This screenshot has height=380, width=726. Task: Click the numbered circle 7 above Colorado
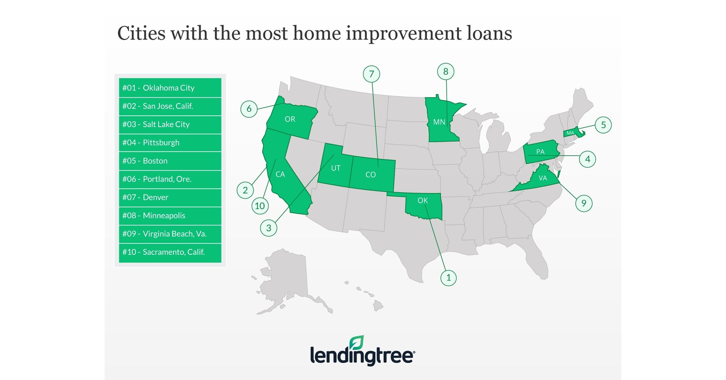372,74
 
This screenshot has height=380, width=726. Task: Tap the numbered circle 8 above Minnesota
446,71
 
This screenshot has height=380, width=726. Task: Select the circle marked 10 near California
260,206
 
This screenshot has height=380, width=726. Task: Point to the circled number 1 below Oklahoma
448,278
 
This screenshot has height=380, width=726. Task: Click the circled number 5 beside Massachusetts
603,125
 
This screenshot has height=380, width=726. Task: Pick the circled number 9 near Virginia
584,203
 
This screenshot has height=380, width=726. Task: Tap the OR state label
290,119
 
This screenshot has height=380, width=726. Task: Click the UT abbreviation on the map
336,168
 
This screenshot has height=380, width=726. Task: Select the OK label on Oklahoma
423,200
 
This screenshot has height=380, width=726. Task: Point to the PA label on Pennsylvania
540,152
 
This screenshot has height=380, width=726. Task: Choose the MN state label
439,122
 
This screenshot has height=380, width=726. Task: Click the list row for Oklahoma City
170,88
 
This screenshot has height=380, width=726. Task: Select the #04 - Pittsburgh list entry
170,143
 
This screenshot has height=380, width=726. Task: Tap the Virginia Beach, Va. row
170,234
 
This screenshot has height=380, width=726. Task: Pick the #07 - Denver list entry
170,197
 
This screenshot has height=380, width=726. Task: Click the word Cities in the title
141,33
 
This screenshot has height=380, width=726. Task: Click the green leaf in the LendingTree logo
356,343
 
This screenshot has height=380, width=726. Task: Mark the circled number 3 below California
269,228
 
